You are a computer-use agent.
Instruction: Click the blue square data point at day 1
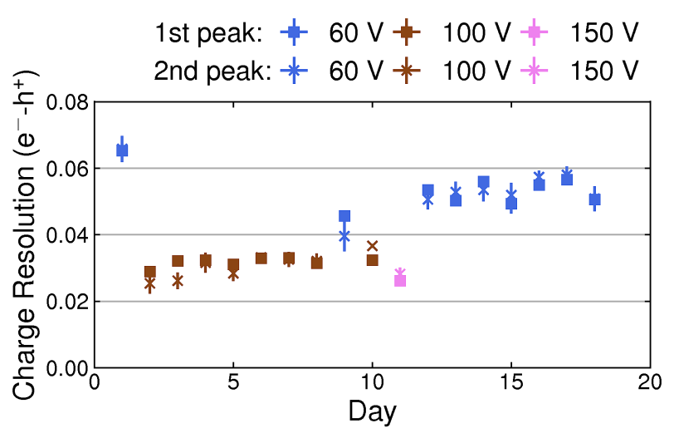[x=122, y=150]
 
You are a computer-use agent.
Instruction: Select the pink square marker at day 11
[x=400, y=280]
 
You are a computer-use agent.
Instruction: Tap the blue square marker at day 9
[x=344, y=216]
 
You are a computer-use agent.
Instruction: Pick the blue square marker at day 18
[x=594, y=199]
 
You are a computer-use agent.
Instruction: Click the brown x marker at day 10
[x=373, y=246]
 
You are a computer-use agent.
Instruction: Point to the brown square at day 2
[x=150, y=272]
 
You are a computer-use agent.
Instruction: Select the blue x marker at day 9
[x=344, y=237]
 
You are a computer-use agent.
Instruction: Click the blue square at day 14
[x=484, y=182]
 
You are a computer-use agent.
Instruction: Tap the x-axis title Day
[x=372, y=411]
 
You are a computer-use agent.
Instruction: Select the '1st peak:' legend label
[x=208, y=33]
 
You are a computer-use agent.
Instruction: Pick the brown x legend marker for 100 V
[x=407, y=71]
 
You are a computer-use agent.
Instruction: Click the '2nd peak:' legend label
[x=212, y=71]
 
